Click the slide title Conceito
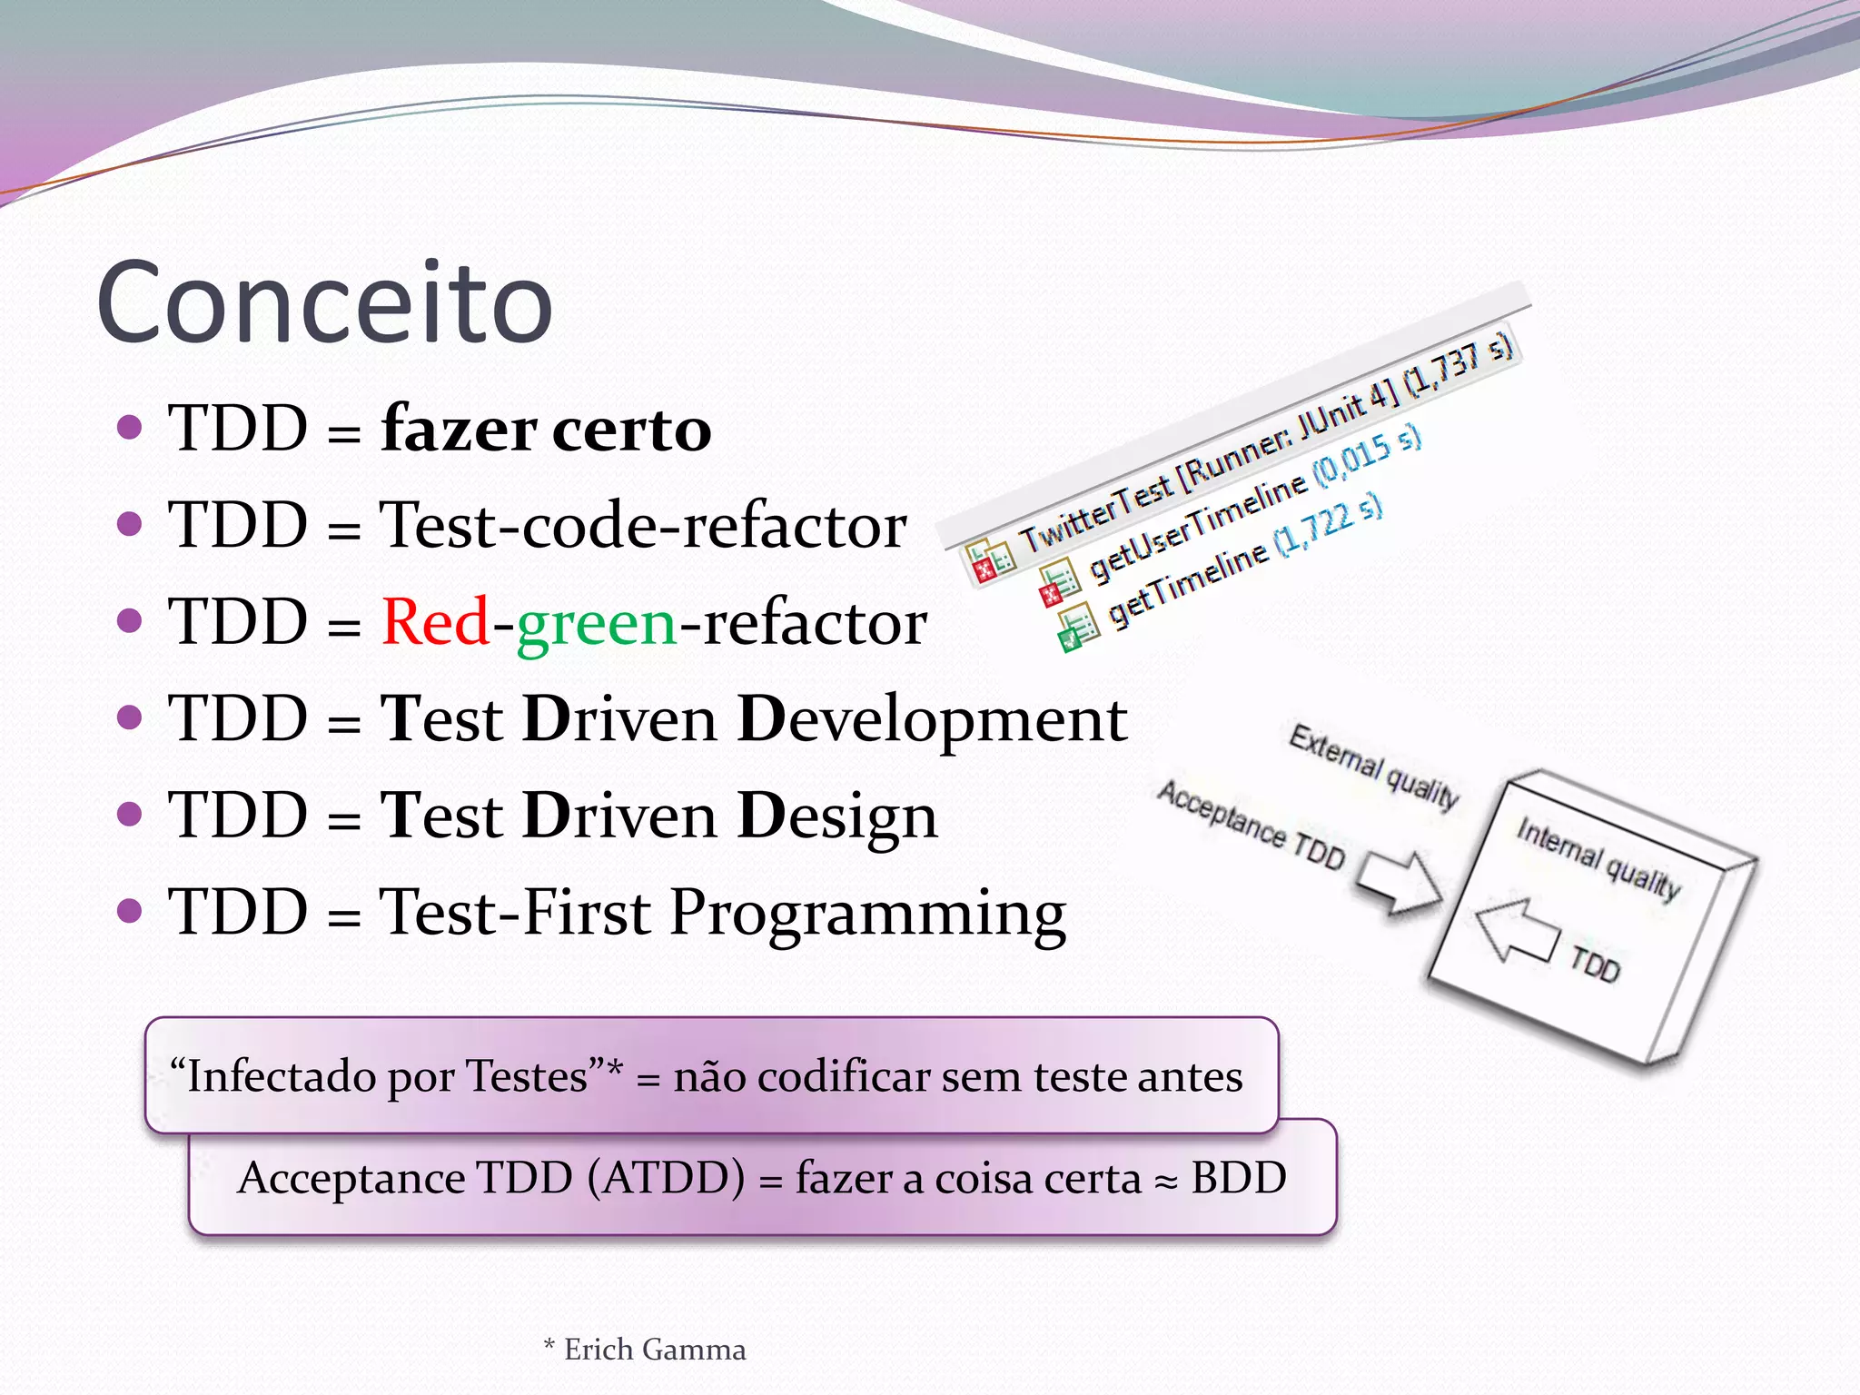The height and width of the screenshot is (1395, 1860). [324, 302]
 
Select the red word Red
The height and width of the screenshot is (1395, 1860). [435, 623]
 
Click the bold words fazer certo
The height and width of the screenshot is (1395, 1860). [546, 429]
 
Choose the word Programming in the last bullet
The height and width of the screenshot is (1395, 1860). [867, 914]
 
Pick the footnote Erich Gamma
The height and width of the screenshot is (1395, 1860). [654, 1350]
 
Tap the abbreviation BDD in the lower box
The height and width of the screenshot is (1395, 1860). [1238, 1178]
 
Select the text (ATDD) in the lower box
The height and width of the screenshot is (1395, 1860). [666, 1178]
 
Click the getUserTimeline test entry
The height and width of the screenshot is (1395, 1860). [1197, 527]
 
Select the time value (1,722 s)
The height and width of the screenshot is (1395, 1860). [1328, 524]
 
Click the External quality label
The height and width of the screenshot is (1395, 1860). [1373, 766]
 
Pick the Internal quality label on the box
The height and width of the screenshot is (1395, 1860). [1598, 858]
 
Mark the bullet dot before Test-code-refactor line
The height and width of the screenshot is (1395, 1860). [130, 524]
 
